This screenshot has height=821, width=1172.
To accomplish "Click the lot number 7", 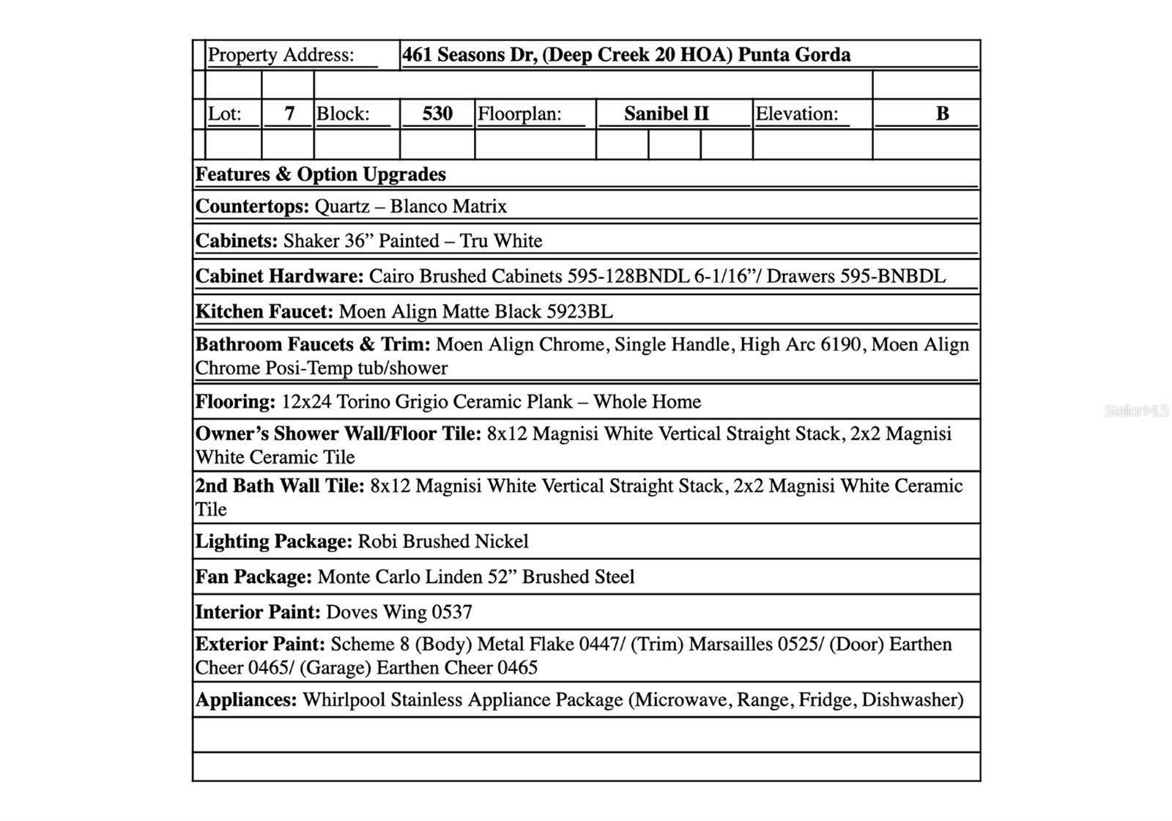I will pos(289,114).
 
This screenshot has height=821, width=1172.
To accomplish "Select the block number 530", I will pos(437,114).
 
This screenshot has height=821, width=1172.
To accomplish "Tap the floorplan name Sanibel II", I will pos(666,114).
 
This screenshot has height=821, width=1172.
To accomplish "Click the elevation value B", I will pos(942,114).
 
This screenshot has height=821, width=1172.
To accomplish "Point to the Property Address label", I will pos(281,55).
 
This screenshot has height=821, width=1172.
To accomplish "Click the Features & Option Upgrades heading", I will pos(320,174).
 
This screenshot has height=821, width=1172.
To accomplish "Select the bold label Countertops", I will pos(252,207).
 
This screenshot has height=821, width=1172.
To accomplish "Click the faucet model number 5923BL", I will pos(579,312).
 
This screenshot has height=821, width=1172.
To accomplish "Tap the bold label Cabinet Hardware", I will pos(279,277).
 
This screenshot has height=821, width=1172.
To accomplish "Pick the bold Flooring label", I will pos(235,402).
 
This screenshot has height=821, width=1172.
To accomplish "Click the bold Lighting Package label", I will pos(274,542).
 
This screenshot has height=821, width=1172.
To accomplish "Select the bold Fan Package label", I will pos(253,577).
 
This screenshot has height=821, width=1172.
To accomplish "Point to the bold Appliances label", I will pos(246,700).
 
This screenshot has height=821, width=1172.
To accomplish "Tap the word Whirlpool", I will pos(344,700).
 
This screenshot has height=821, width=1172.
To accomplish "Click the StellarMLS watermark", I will pos(1136,411).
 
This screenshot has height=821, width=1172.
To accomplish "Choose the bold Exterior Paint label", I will pos(260,644).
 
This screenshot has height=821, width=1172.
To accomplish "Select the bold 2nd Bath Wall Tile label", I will pos(279,486).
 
